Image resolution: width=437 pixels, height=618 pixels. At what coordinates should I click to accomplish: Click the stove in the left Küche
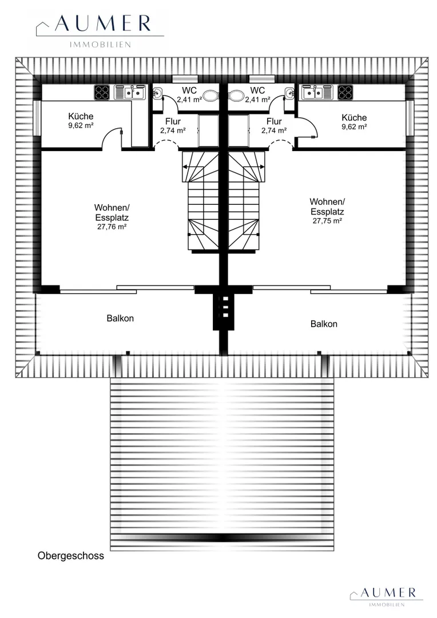tap(102, 93)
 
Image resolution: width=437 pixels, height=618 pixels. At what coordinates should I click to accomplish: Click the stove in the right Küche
tap(345, 93)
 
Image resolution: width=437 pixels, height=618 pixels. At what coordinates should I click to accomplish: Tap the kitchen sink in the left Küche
tap(130, 93)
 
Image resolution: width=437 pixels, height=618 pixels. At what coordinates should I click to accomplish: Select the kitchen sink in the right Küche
tap(317, 93)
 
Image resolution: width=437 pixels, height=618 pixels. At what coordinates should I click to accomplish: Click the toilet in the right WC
tap(236, 95)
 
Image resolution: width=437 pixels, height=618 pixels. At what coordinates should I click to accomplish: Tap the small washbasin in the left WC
tap(157, 93)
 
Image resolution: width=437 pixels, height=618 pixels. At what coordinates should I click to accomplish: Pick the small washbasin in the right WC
tap(289, 93)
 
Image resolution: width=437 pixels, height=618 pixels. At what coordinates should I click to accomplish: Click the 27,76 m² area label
tap(112, 227)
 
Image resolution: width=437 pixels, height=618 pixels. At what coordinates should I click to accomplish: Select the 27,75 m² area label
tap(327, 221)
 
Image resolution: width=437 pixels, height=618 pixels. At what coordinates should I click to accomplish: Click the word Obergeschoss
tap(71, 556)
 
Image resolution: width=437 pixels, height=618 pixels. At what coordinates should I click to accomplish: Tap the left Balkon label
tap(120, 318)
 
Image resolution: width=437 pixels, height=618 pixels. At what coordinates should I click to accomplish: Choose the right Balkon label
tap(324, 324)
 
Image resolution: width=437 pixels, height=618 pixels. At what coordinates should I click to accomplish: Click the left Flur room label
tap(173, 121)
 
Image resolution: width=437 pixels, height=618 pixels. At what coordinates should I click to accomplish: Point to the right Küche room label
tap(354, 117)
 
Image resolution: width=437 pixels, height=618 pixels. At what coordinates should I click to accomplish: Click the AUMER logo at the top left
tap(100, 31)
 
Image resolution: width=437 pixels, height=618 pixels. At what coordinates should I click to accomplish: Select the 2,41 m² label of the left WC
tap(189, 100)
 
